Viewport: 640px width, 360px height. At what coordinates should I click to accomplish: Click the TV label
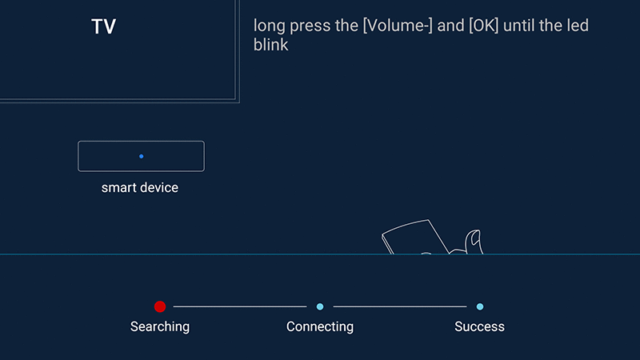104,27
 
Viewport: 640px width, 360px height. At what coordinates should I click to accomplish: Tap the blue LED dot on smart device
142,156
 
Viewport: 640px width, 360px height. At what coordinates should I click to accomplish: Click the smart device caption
139,188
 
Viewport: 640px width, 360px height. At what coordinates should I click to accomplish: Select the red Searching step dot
160,306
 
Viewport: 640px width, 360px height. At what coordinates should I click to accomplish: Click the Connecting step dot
320,306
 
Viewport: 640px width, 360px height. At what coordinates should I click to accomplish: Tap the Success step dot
480,306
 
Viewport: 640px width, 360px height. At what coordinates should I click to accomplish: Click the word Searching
160,327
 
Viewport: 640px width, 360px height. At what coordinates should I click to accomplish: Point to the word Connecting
320,327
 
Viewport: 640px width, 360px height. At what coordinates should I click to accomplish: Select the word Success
479,326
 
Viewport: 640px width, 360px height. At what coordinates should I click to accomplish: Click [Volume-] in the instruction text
398,26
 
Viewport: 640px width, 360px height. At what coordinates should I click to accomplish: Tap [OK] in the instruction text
484,26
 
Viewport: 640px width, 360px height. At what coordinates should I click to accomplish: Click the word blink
271,45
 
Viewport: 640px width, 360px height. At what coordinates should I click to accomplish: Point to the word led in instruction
577,26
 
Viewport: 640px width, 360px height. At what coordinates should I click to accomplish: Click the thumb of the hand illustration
474,241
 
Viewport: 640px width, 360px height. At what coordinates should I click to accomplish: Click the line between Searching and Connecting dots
240,306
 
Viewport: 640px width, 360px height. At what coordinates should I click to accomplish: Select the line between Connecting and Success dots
400,306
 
